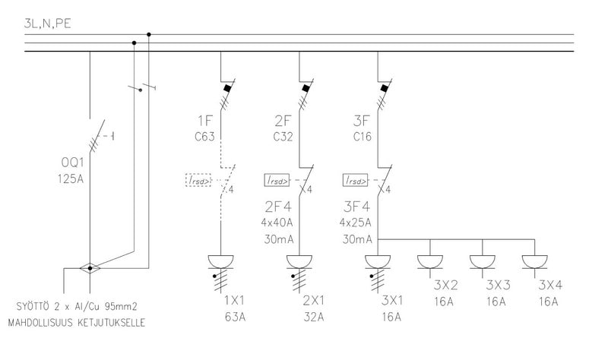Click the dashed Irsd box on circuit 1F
pos(199,180)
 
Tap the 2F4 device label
pos(279,207)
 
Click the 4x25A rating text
pos(357,223)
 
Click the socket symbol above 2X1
pos(299,263)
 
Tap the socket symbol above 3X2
pos(430,261)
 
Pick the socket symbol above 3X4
pos(536,261)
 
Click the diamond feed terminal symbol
pos(90,268)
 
